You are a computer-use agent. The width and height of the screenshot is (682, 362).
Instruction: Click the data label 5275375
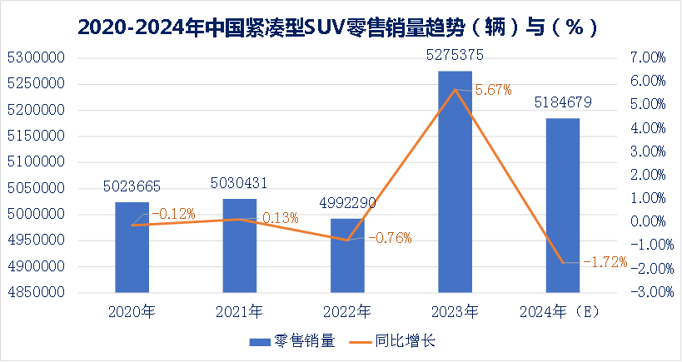[455, 56]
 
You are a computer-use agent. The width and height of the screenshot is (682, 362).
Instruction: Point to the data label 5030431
[240, 184]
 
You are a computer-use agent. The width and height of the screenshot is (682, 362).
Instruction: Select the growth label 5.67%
[492, 90]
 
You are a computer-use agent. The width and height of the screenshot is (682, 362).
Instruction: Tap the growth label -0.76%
[389, 237]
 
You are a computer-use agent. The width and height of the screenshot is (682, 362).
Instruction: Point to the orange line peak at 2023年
[455, 89]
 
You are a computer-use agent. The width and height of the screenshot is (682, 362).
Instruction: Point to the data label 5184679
[562, 103]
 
